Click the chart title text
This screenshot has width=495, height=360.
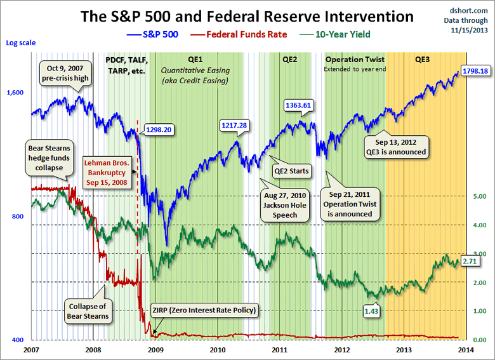247,16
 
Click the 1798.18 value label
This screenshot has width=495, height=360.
474,70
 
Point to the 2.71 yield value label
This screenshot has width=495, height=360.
469,261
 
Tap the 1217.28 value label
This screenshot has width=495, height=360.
234,125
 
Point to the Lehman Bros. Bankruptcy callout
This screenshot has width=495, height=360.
108,171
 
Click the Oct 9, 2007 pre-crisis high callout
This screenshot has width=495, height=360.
67,72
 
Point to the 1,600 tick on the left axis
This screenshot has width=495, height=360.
15,93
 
